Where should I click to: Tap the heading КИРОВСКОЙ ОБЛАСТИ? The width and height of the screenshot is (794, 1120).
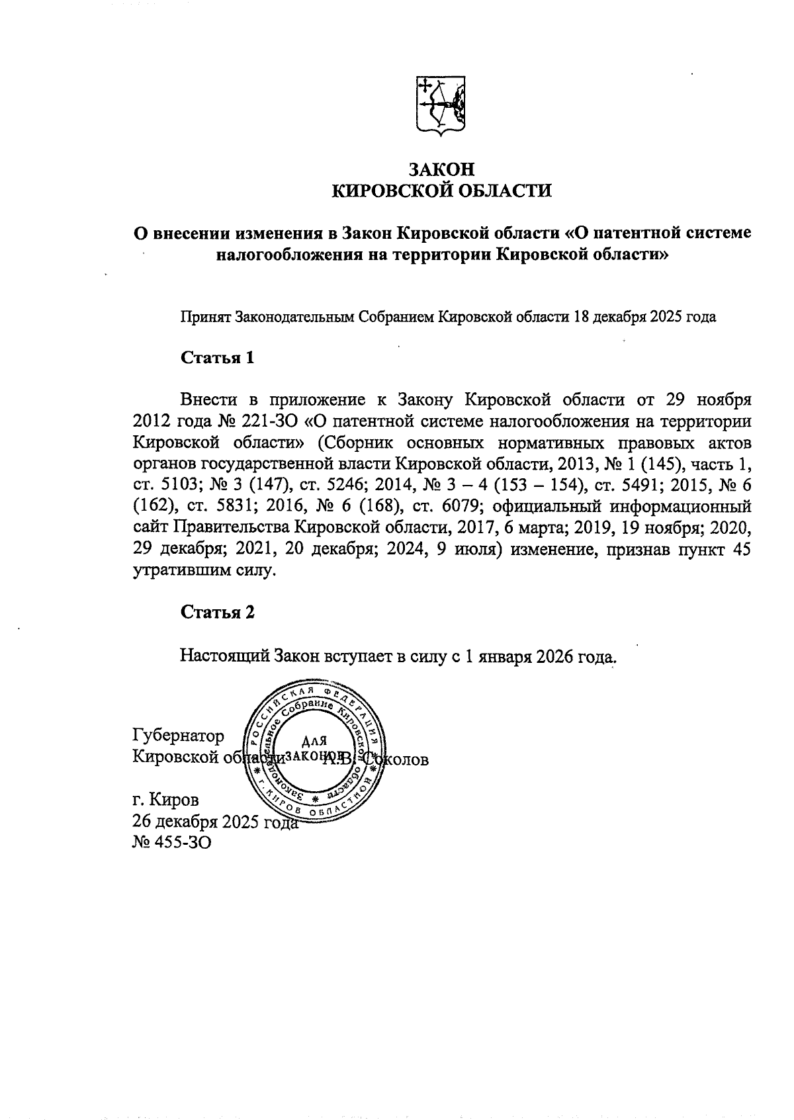441,191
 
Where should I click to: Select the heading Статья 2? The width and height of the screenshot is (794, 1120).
218,612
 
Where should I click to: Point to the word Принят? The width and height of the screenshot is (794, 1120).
205,317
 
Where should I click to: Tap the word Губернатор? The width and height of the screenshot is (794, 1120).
178,736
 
